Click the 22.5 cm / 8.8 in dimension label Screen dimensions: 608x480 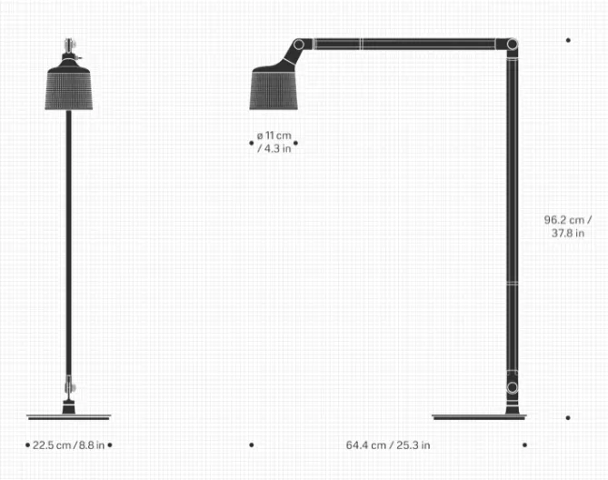click(x=69, y=445)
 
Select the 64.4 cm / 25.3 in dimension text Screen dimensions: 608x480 click(x=388, y=445)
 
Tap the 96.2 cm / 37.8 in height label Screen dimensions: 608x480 click(x=568, y=226)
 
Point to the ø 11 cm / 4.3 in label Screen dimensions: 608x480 click(x=274, y=143)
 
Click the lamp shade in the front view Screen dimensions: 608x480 click(x=69, y=89)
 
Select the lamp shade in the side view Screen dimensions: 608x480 click(x=274, y=90)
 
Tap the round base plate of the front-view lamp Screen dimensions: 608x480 click(x=69, y=417)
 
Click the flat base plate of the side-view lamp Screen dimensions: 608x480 click(x=479, y=417)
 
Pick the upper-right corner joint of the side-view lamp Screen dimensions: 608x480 click(x=512, y=45)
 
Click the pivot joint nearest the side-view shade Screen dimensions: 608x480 click(x=299, y=45)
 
